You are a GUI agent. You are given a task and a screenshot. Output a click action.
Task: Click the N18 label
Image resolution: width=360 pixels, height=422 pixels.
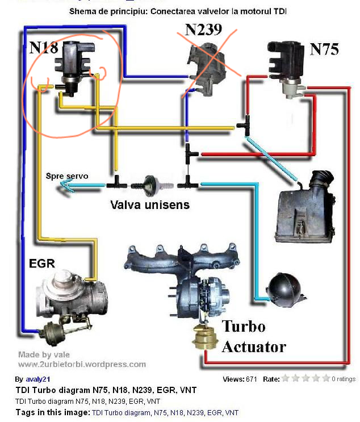(x=44, y=47)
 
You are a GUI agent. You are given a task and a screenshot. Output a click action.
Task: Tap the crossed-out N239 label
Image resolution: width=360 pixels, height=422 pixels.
(x=203, y=30)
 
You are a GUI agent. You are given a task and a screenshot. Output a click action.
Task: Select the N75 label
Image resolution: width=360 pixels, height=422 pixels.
(x=324, y=49)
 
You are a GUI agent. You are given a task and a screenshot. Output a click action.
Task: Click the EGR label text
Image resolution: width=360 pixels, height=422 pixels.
(x=41, y=264)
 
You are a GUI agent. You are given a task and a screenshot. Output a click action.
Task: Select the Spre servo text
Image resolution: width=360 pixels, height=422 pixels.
(x=67, y=176)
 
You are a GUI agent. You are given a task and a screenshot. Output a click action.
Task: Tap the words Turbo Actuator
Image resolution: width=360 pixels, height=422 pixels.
(x=253, y=336)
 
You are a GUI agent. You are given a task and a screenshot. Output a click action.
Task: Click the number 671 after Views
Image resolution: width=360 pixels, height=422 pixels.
(x=254, y=379)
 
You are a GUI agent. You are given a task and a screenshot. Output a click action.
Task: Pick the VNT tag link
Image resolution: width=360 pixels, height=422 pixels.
(x=232, y=413)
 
